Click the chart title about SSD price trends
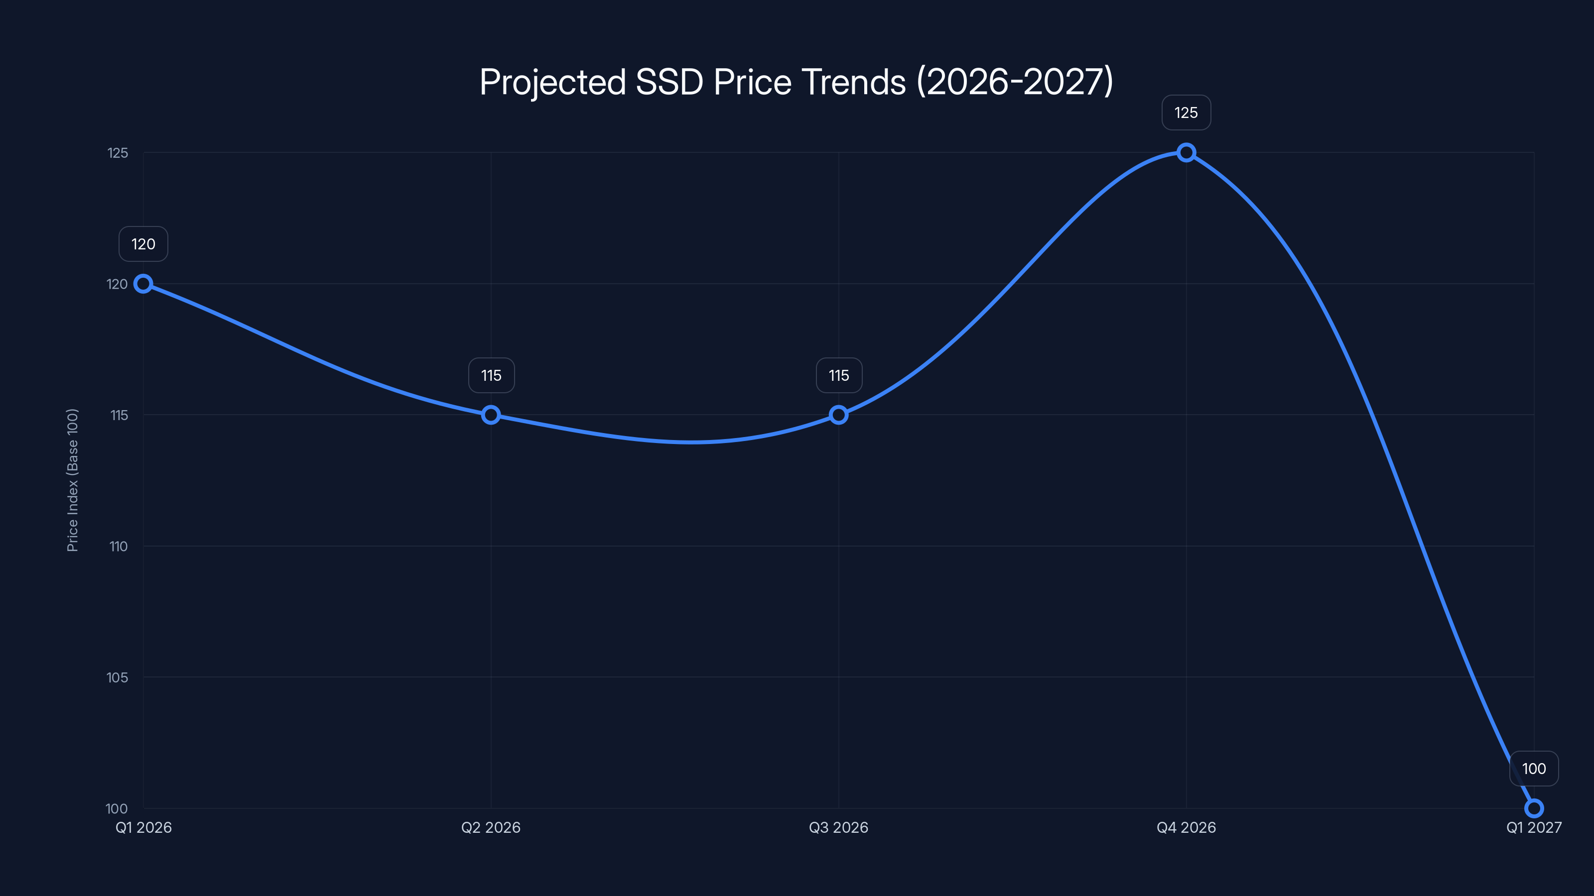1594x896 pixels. click(797, 82)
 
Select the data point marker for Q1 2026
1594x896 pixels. click(143, 284)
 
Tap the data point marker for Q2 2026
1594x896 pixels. click(491, 415)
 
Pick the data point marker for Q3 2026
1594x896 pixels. click(838, 415)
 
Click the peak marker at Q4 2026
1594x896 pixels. click(1186, 153)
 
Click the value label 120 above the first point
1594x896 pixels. click(143, 244)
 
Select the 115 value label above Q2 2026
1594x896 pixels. click(491, 375)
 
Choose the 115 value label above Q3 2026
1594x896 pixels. click(839, 375)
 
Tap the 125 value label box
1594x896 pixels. click(1186, 113)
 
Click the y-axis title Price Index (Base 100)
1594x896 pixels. click(72, 480)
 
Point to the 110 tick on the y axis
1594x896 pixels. click(118, 547)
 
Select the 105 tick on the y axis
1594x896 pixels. click(117, 677)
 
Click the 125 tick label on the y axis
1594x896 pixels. click(118, 153)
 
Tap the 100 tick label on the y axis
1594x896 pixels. click(117, 808)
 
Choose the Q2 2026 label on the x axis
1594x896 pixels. click(491, 827)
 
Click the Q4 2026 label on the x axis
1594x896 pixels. click(1186, 827)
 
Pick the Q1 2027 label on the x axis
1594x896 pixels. click(1533, 827)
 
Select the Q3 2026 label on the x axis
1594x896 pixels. click(838, 827)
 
